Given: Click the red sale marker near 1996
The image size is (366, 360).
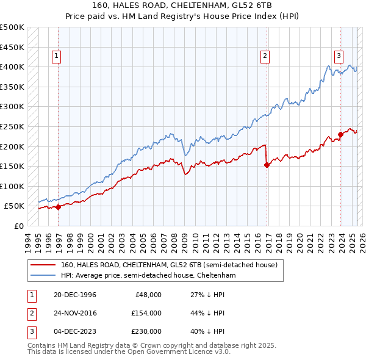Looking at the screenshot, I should click(59, 207).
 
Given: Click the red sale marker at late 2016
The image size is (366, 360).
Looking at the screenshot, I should click(267, 164).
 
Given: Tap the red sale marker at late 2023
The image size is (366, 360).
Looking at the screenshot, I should click(340, 134).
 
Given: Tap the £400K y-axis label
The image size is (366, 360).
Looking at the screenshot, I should click(12, 67).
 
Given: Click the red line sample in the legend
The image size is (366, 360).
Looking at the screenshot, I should click(42, 265).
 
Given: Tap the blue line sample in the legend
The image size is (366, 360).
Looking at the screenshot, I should click(42, 276).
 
